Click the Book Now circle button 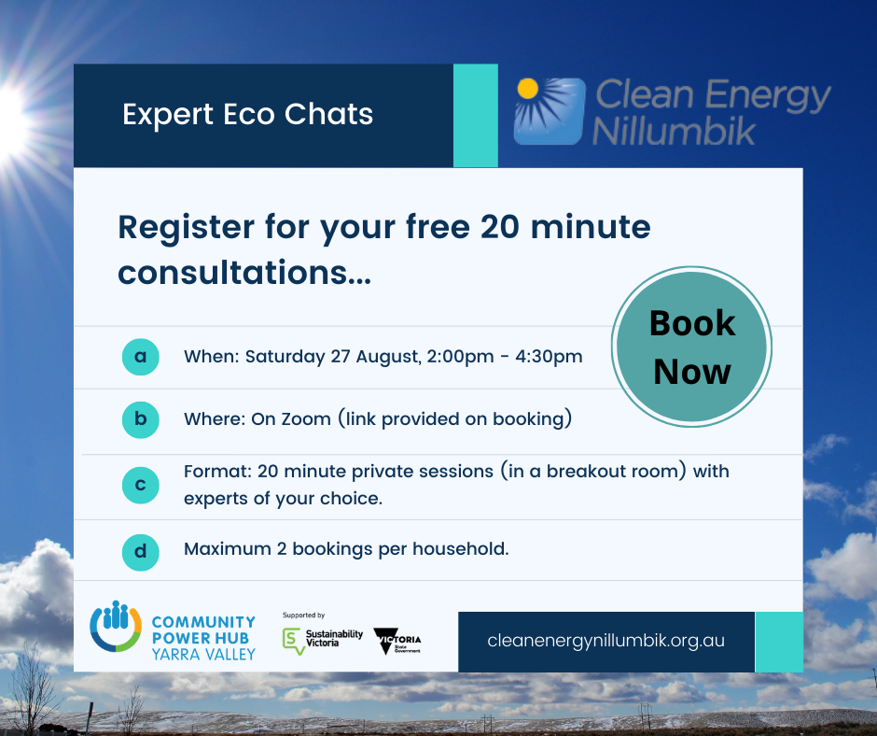[692, 347]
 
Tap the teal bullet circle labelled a [140, 356]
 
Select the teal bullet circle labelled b [140, 419]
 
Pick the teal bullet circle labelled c [140, 485]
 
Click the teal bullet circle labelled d [140, 552]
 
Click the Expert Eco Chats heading [248, 115]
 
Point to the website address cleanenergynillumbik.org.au [606, 640]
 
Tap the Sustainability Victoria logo [322, 640]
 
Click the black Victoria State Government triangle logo [397, 641]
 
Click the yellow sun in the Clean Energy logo [527, 89]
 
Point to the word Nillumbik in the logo [674, 132]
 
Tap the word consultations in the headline [244, 273]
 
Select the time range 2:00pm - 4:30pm [505, 357]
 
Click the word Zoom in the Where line [306, 419]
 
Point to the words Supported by [304, 615]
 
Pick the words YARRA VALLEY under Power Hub [203, 654]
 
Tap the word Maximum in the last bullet [228, 549]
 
